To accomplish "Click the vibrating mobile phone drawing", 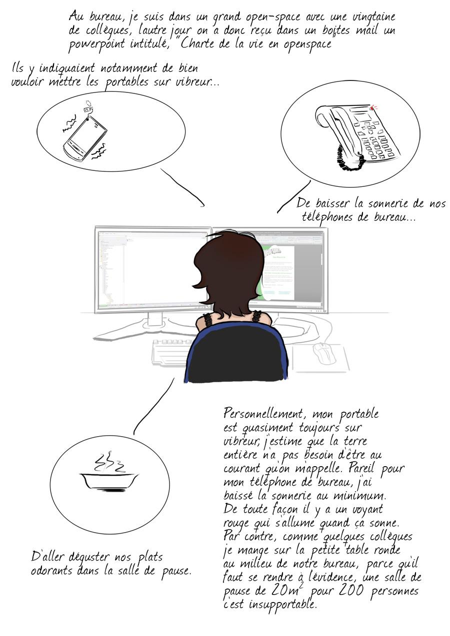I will pyautogui.click(x=85, y=139).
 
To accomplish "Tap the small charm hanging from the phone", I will pyautogui.click(x=88, y=106).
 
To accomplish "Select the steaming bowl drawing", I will pyautogui.click(x=109, y=481).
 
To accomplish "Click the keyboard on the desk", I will pyautogui.click(x=170, y=352).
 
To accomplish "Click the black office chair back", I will pyautogui.click(x=235, y=355).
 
